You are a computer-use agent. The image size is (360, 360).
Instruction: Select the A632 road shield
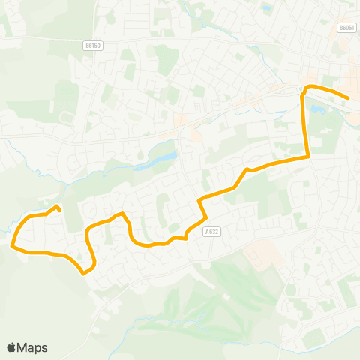tap(211, 232)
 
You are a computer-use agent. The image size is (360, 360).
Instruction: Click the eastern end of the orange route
tap(349, 98)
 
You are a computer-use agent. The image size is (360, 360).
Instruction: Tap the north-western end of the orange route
tap(58, 206)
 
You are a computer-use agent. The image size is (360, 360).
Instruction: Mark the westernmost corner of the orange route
tap(12, 244)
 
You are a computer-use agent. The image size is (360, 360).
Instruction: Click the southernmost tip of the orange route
tap(82, 273)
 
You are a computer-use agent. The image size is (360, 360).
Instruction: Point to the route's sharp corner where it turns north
tap(307, 156)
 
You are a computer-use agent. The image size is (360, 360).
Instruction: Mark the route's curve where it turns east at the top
tap(304, 90)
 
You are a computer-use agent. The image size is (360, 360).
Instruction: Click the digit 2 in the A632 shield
tap(217, 232)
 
